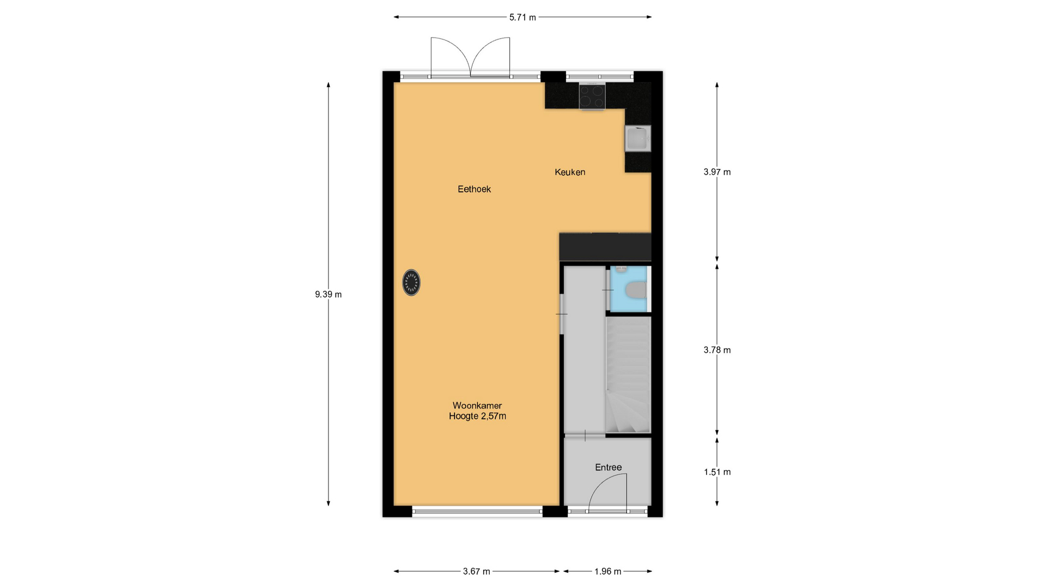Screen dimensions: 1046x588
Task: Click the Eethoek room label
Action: [x=474, y=189]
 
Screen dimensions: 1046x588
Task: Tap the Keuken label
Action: [x=570, y=172]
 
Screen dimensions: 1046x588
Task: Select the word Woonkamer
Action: [x=477, y=406]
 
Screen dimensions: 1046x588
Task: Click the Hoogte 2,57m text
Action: [x=477, y=416]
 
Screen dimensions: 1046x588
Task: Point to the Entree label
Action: [x=608, y=467]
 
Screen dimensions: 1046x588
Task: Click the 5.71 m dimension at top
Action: [x=522, y=17]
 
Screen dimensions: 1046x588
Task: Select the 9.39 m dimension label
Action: [x=329, y=295]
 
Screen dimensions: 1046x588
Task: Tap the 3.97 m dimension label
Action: [x=717, y=172]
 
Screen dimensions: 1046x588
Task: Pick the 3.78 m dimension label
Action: [x=717, y=350]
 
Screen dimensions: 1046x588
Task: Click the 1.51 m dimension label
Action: [x=717, y=472]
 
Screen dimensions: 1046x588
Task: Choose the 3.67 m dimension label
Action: [x=477, y=571]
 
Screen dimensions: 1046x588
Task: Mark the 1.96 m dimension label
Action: [x=608, y=571]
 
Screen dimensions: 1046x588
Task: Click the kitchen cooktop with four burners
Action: [x=592, y=96]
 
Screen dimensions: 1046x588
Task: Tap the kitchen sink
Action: [x=637, y=138]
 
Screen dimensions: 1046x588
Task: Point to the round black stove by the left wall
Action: [x=411, y=283]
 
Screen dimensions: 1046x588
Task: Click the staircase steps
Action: [x=628, y=375]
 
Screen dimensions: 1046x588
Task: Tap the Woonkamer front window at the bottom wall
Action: [x=477, y=511]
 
